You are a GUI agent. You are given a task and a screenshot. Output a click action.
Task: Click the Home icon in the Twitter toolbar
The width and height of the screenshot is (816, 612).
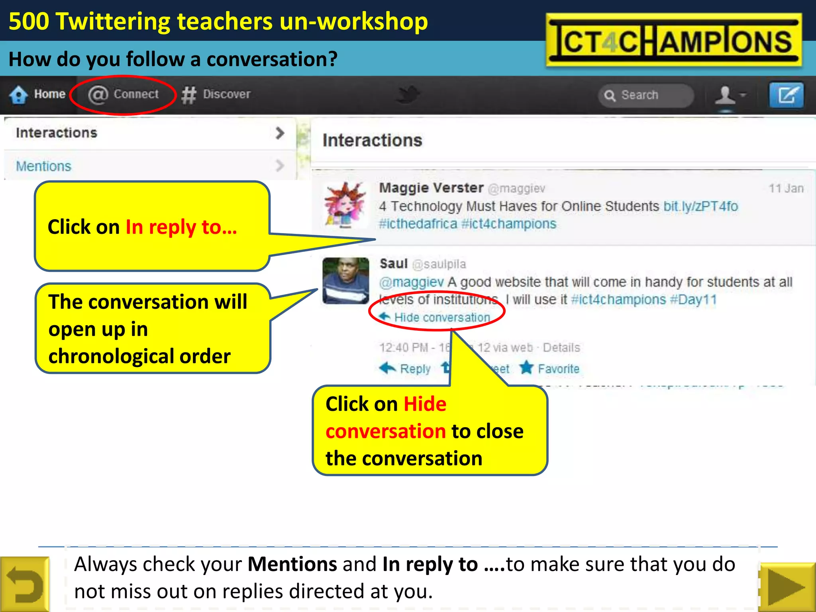point(18,95)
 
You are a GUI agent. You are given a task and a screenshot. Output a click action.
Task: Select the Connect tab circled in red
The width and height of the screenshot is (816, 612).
point(123,94)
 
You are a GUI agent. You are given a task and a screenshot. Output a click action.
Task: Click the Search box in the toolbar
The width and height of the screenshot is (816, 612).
point(645,95)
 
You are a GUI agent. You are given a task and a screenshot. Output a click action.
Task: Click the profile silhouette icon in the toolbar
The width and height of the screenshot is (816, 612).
point(725,95)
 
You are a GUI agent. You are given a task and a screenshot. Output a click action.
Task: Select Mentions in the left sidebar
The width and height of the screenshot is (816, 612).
point(43,166)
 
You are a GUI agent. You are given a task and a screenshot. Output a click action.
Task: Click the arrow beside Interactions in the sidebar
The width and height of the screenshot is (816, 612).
point(280,133)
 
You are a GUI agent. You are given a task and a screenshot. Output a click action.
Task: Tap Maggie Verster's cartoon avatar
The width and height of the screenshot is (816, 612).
point(345,205)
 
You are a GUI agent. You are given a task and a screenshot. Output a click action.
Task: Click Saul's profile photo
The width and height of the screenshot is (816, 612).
point(345,280)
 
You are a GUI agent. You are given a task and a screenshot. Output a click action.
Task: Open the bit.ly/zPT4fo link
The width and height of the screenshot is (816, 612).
point(700,206)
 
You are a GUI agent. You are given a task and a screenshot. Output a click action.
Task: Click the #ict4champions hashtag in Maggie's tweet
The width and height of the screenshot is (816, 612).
point(508,224)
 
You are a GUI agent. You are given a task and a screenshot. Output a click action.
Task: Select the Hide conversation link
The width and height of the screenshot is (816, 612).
point(441,318)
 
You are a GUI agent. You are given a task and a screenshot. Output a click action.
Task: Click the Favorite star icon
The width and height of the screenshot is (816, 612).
point(526,368)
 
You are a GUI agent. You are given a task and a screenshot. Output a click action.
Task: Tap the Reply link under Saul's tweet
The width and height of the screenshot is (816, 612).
point(414,369)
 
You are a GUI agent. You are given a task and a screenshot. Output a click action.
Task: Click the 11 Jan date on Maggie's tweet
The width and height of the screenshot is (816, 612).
point(786,188)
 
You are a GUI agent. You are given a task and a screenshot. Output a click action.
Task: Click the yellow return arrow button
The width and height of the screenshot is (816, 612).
point(25,584)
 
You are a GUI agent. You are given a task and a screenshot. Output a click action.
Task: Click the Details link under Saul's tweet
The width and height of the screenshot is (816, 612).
point(561,347)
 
